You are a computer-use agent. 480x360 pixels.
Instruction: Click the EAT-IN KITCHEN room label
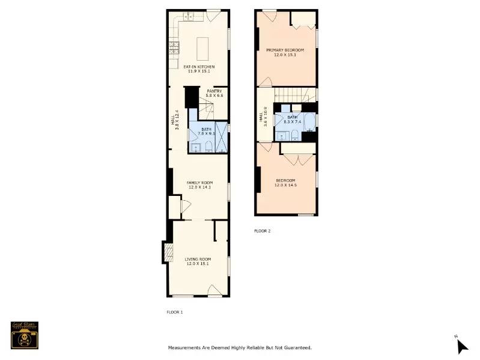[x=199, y=66]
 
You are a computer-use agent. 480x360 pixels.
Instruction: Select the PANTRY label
[x=214, y=91]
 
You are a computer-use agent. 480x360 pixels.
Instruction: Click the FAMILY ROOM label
[x=199, y=182]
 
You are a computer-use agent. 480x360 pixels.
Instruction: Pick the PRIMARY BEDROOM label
[x=285, y=49]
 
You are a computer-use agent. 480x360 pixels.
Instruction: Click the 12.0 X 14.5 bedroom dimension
[x=286, y=185]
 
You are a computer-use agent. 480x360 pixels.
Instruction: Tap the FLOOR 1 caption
[x=174, y=312]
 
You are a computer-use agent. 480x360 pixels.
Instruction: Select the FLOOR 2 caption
[x=263, y=231]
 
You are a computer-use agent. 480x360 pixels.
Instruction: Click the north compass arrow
[x=461, y=346]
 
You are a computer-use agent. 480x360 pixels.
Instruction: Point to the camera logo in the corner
[x=25, y=335]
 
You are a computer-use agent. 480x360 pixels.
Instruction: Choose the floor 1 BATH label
[x=206, y=129]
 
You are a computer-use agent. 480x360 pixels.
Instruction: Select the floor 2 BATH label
[x=293, y=117]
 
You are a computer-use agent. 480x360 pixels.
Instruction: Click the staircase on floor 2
[x=294, y=94]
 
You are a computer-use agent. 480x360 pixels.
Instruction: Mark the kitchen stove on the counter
[x=174, y=46]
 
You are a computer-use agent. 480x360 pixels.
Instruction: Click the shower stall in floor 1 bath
[x=222, y=137]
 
